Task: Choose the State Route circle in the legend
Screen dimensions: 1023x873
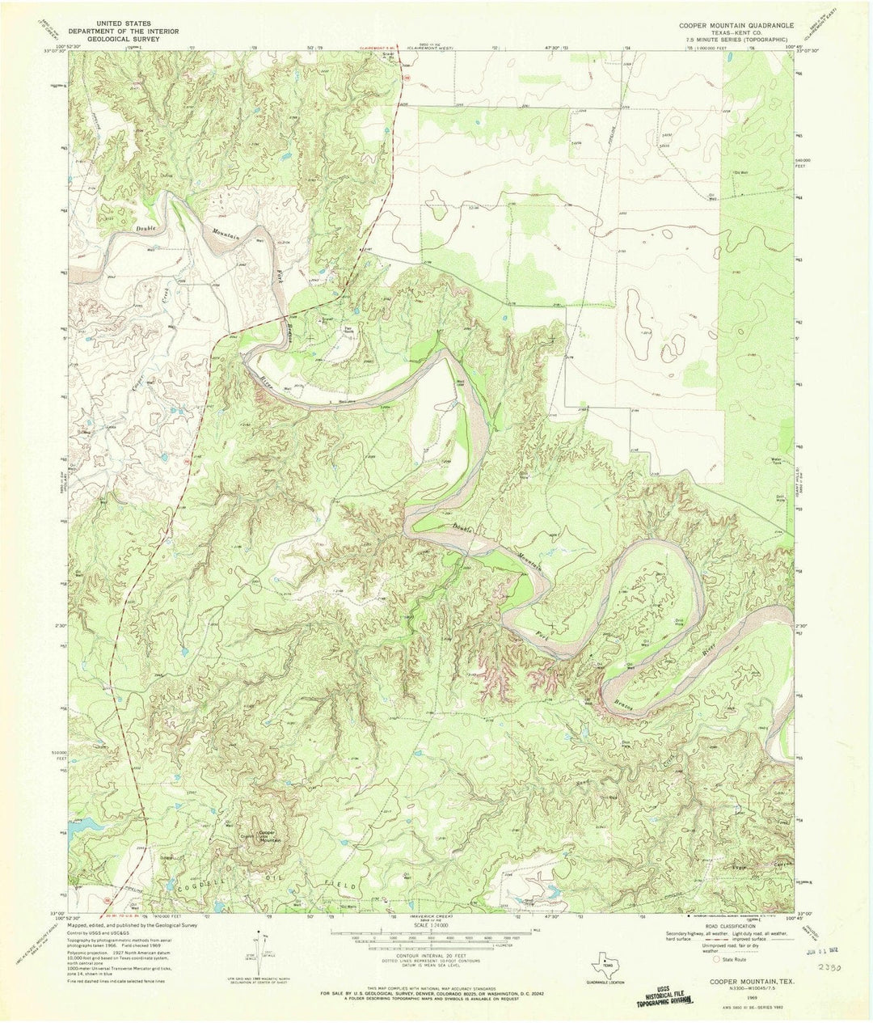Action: tap(715, 962)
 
